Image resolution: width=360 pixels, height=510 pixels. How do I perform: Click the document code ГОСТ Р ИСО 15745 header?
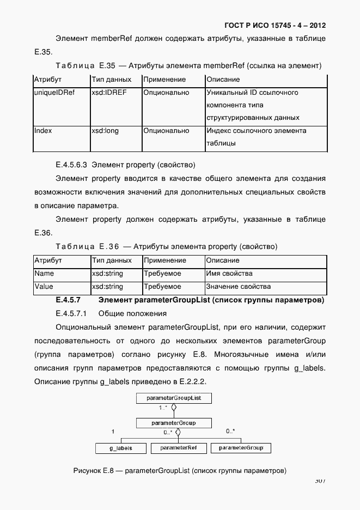pyautogui.click(x=274, y=25)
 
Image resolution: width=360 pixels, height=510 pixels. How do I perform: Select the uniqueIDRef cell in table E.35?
pyautogui.click(x=54, y=93)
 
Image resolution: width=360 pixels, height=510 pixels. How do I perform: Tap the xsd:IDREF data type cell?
pyautogui.click(x=109, y=93)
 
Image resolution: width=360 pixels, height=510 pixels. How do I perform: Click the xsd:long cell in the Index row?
pyautogui.click(x=105, y=131)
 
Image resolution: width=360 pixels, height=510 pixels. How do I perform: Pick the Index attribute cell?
pyautogui.click(x=44, y=131)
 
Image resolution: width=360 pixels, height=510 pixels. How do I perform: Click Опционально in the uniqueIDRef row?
pyautogui.click(x=166, y=93)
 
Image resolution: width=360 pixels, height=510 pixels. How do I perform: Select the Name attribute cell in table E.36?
pyautogui.click(x=44, y=274)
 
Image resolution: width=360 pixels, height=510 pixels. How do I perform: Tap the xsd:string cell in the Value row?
pyautogui.click(x=107, y=287)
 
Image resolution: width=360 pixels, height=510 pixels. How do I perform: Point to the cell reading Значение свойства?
pyautogui.click(x=239, y=287)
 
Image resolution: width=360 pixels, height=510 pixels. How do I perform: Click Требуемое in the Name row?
pyautogui.click(x=162, y=274)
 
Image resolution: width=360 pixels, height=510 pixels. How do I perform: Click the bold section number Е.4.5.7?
pyautogui.click(x=68, y=300)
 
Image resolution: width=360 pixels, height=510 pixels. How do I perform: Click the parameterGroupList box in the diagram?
pyautogui.click(x=174, y=398)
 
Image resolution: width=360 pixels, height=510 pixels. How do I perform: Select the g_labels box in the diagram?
pyautogui.click(x=113, y=448)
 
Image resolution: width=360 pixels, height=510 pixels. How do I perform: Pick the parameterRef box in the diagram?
pyautogui.click(x=179, y=448)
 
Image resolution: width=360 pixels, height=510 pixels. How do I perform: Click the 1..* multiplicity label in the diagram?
pyautogui.click(x=162, y=408)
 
